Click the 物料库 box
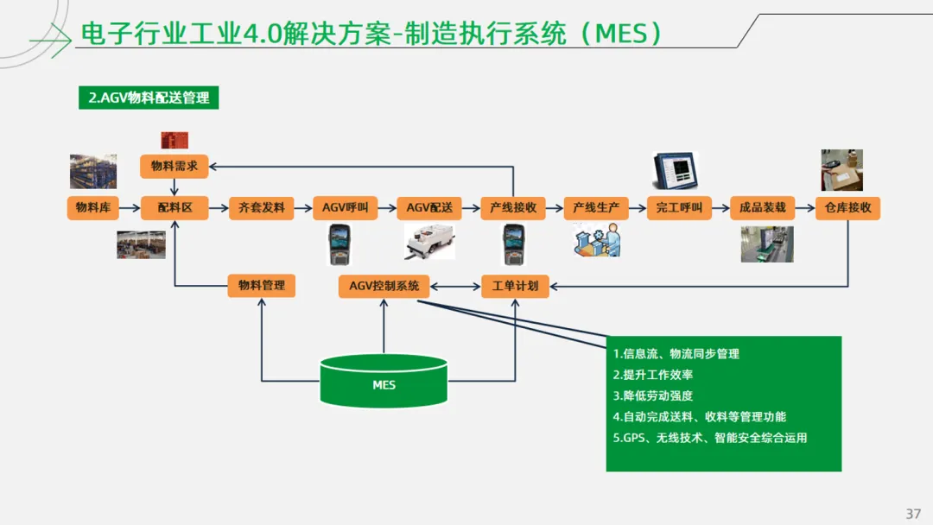coord(92,207)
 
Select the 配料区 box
coord(175,207)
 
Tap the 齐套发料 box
coord(261,207)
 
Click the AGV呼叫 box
coord(345,207)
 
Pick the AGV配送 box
coord(429,207)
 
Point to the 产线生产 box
coord(595,207)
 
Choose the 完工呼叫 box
coord(679,207)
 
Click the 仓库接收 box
coord(847,207)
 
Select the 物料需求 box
coord(175,167)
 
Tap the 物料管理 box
coord(261,286)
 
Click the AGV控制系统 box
coord(384,286)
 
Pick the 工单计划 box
coord(515,286)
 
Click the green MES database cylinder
coord(384,381)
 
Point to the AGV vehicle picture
coord(429,242)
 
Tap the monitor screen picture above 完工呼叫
coord(676,171)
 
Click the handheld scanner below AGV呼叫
coord(340,244)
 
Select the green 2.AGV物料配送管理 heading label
coord(149,98)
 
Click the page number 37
coord(913,514)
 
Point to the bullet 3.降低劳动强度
coord(653,396)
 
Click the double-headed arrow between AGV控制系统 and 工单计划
coord(455,287)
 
